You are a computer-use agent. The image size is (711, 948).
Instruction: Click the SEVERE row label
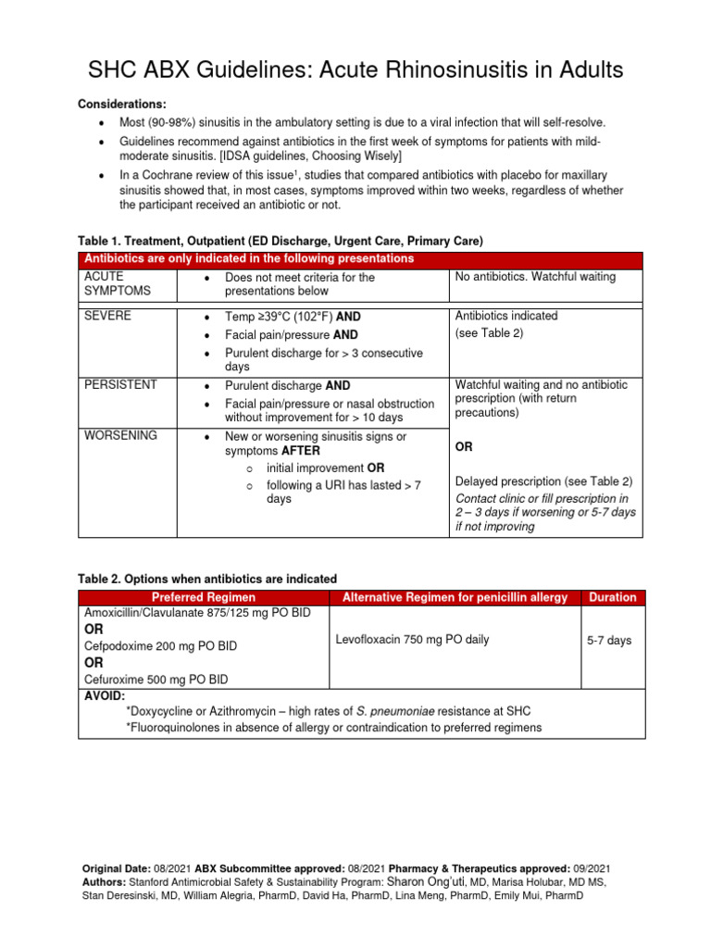107,316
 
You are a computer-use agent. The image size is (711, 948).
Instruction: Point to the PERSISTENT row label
120,384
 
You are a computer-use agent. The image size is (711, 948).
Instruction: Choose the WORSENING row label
120,435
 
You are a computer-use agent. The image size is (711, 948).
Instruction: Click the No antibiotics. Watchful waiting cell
536,277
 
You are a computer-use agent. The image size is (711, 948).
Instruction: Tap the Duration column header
613,597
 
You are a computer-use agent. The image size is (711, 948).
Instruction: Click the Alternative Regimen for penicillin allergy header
455,597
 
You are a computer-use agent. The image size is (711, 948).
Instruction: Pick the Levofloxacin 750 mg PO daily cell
413,639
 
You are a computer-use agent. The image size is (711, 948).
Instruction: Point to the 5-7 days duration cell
609,640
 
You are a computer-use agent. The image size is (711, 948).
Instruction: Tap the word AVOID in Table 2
105,695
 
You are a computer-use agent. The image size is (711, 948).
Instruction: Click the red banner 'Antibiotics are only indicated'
249,258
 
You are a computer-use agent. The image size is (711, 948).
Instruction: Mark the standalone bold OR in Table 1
464,447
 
